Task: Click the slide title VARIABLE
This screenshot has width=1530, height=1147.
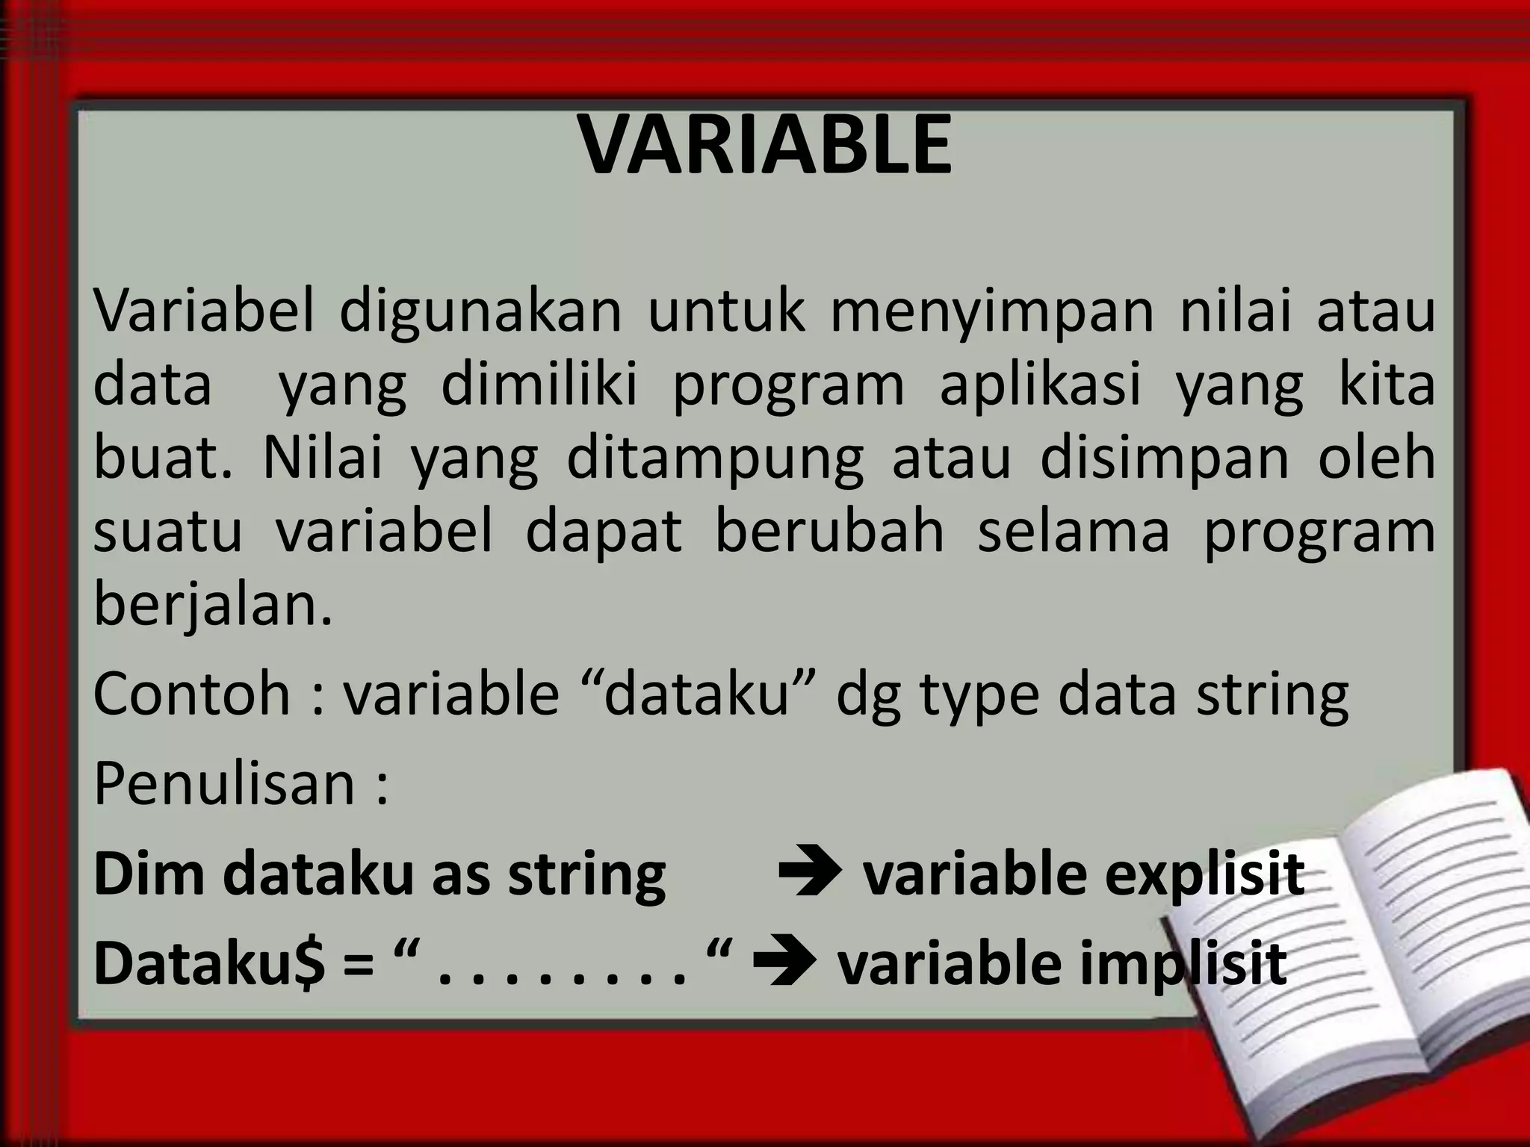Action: tap(765, 146)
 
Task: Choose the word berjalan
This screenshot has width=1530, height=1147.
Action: tap(212, 605)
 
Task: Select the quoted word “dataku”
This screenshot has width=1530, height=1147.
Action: tap(696, 693)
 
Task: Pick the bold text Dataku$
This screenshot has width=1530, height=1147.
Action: tap(209, 963)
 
